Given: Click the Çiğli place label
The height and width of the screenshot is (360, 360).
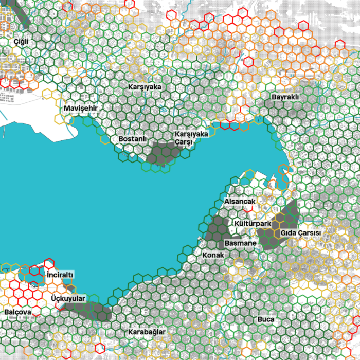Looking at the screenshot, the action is click(21, 41).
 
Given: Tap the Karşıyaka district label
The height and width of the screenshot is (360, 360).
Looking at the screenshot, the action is click(145, 87).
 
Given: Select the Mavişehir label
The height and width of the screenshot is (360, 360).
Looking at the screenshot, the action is click(81, 109).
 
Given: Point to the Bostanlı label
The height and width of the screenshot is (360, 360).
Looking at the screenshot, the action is click(133, 139).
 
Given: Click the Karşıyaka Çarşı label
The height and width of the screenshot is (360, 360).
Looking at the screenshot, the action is click(191, 137).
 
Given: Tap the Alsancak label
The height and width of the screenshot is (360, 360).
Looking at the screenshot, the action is click(240, 202).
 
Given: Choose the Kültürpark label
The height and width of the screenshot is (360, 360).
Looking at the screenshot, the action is click(252, 224).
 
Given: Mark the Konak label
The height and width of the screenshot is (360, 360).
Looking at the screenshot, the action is click(213, 255).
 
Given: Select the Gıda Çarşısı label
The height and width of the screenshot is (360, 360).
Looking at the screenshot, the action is click(300, 233).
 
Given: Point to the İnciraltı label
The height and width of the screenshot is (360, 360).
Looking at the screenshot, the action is click(60, 275).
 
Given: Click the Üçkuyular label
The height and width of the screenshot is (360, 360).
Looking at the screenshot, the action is click(68, 298).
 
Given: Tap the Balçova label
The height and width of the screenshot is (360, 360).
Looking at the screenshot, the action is click(18, 312).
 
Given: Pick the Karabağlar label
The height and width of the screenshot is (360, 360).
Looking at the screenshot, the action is click(148, 332).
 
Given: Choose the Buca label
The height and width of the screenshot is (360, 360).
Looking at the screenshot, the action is click(266, 319).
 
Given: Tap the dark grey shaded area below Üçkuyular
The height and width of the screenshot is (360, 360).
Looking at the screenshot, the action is click(93, 310).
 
